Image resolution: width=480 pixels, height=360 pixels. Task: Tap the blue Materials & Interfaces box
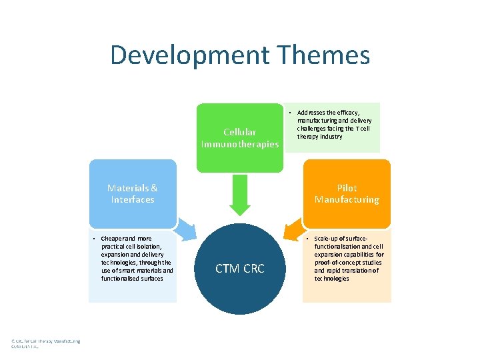pos(133,193)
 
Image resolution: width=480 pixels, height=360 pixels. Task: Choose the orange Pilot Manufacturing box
pos(347,193)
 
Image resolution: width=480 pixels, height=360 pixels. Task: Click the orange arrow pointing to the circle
pos(294,229)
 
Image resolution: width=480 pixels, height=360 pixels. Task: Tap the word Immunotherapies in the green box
pos(240,143)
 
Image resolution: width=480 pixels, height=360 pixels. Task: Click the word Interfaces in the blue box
pos(133,199)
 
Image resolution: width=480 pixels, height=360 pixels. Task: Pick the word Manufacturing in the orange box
pos(347,199)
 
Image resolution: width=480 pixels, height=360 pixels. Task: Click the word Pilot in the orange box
pos(347,188)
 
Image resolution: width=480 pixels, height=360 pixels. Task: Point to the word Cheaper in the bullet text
pos(113,239)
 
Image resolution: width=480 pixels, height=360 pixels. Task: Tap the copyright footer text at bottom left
pos(45,344)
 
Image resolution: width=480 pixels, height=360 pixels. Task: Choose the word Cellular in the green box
pos(239,132)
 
